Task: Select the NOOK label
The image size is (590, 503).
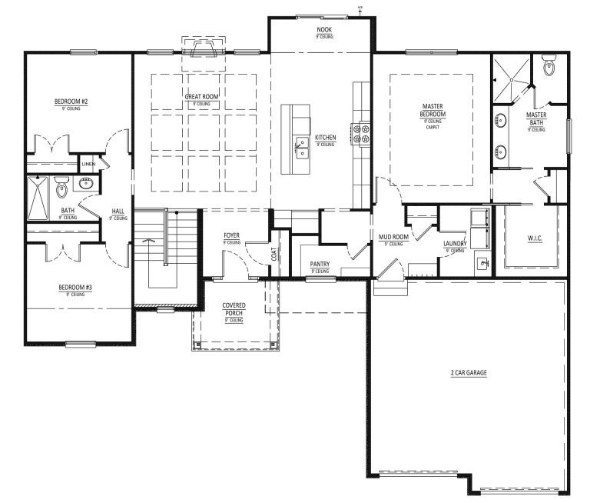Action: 323,30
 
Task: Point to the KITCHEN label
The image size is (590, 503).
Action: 325,138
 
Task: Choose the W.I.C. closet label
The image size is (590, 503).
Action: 533,238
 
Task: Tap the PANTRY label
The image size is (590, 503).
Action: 320,264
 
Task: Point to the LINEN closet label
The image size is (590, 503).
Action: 88,164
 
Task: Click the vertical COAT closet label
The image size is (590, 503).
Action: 274,253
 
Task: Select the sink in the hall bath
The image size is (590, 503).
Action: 86,184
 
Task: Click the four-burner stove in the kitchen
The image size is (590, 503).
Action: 360,135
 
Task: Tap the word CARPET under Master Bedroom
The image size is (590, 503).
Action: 432,127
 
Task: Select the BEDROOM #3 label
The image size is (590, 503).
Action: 75,288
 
